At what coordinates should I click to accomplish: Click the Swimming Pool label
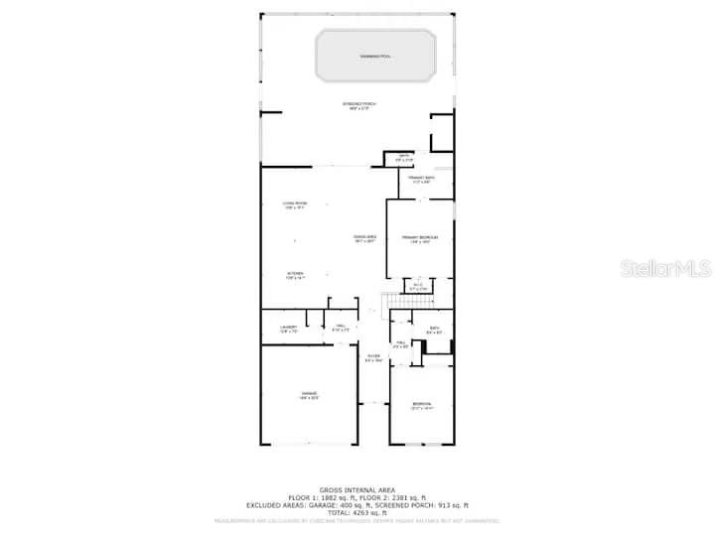point(375,57)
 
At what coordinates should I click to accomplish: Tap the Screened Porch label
point(359,105)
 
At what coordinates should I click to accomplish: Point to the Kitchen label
point(295,275)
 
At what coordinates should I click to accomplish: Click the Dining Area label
point(364,238)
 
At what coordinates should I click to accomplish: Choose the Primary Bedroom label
point(419,239)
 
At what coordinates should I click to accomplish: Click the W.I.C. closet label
point(418,288)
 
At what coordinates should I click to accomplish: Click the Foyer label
point(372,358)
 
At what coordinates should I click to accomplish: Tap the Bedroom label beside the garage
point(422,405)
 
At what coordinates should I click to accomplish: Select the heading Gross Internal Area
point(358,489)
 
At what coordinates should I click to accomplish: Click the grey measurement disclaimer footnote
point(358,520)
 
